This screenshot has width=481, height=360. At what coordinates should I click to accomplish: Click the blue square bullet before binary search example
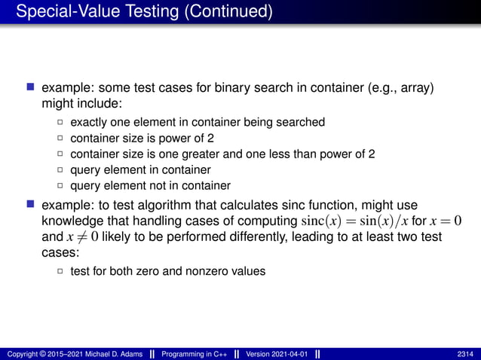pos(31,88)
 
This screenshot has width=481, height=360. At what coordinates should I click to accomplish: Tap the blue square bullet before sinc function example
pos(31,205)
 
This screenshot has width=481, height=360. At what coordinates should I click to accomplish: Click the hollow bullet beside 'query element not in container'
pos(60,186)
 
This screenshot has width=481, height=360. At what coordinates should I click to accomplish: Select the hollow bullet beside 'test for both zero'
pos(60,271)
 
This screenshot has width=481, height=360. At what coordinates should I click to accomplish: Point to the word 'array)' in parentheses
pos(418,88)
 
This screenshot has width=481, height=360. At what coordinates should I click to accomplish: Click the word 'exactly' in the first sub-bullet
pos(87,121)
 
